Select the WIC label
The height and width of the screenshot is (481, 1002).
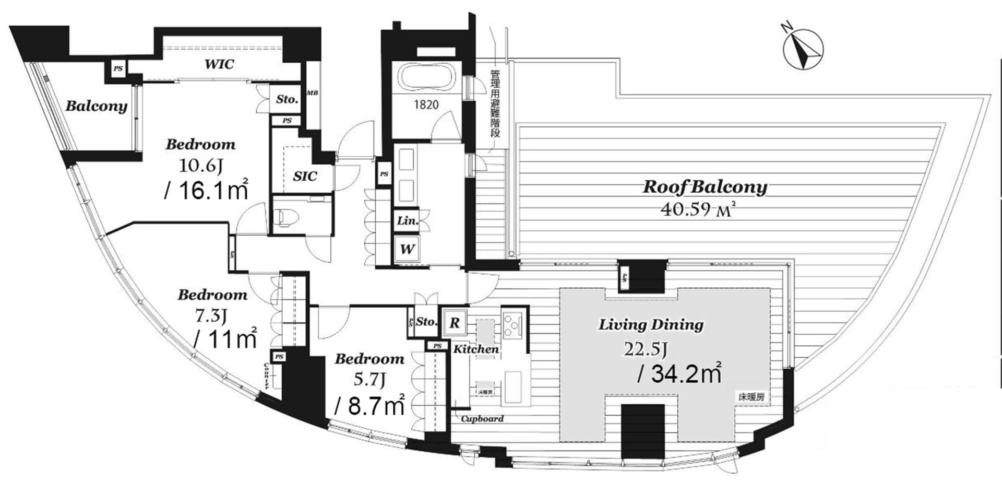click(x=219, y=64)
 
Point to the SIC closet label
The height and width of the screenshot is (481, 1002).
click(x=305, y=176)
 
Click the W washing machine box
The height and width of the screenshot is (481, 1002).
click(x=407, y=249)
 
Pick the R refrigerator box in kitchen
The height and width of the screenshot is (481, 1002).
click(x=455, y=323)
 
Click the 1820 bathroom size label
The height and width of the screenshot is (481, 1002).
click(x=426, y=105)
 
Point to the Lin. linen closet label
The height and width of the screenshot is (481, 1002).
click(x=408, y=220)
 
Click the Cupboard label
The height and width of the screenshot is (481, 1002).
click(x=482, y=418)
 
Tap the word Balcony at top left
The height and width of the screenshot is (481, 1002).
click(x=97, y=106)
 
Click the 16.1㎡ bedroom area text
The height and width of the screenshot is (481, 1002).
click(x=207, y=190)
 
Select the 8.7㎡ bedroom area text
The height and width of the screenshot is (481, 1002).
click(x=369, y=405)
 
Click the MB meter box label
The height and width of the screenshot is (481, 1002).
click(x=313, y=93)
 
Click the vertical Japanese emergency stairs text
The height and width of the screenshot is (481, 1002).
click(x=495, y=104)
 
